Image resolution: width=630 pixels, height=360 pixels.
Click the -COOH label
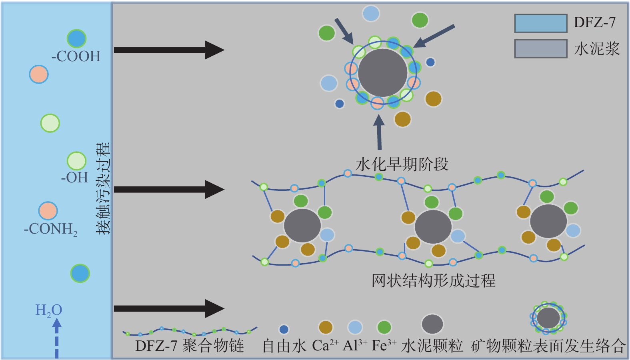pos(76,56)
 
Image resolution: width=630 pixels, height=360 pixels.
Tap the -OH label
pos(75,177)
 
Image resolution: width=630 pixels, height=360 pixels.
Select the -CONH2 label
pos(50,229)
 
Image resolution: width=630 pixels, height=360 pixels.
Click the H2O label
pos(48,310)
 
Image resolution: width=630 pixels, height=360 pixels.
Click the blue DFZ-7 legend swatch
pos(540,23)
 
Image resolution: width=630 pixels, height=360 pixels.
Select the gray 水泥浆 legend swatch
pos(540,49)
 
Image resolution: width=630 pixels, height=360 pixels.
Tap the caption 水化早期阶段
pos(402,164)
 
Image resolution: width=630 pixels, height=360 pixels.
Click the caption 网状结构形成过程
pos(433,280)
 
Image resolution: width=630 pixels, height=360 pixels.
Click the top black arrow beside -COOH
pos(168,50)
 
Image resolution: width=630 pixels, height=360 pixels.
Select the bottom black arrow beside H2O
pos(168,308)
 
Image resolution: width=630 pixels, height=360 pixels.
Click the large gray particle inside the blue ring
pos(382,73)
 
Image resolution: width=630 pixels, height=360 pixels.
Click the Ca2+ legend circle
pos(326,327)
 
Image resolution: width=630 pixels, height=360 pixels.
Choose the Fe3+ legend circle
pos(384,327)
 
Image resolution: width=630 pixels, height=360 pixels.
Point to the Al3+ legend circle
pos(355,327)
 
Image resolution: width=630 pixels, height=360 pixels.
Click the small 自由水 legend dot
pos(284,329)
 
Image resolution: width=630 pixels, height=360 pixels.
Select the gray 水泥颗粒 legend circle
pos(432,324)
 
